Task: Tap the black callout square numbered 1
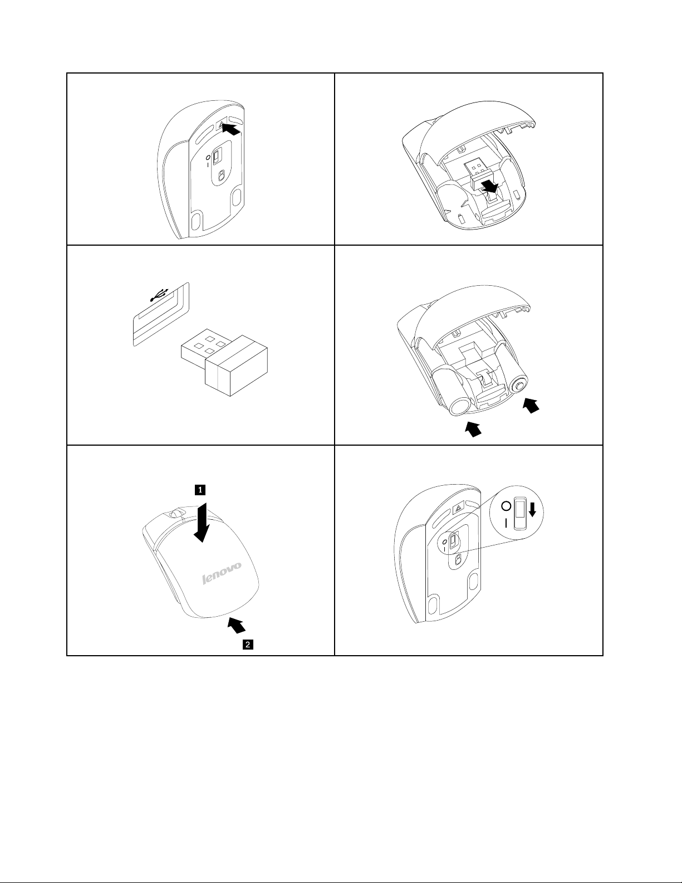(199, 490)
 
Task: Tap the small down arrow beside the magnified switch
(532, 509)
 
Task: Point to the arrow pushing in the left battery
(473, 429)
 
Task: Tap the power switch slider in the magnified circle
(520, 514)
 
